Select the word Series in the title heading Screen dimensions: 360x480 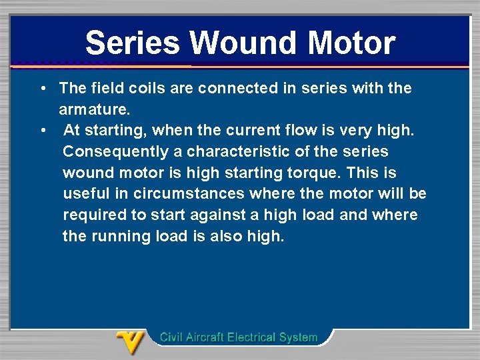[133, 43]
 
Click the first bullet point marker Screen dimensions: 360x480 [42, 88]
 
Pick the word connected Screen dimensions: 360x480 [224, 88]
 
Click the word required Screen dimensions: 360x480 [92, 215]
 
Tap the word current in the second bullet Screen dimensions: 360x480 [225, 131]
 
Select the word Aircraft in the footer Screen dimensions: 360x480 [203, 337]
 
